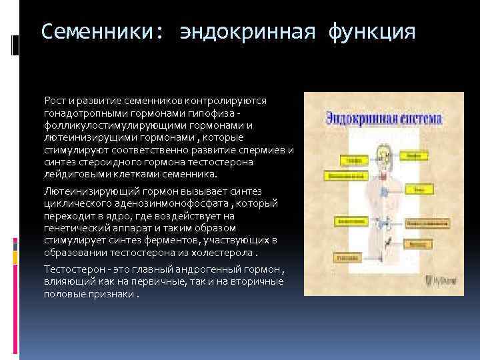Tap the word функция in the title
(371, 31)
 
